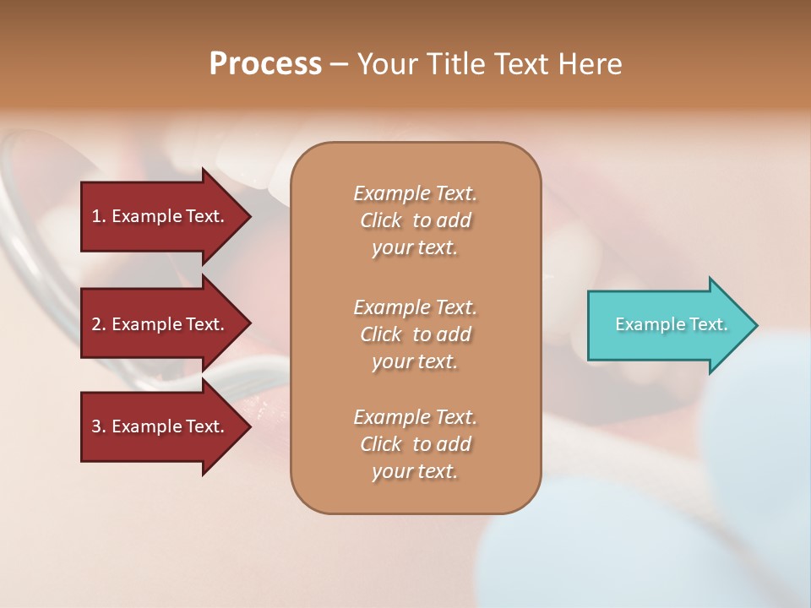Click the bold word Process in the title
[265, 64]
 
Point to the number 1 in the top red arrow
[96, 216]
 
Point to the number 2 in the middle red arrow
[96, 324]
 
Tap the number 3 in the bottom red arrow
[96, 426]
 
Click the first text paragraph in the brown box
[415, 220]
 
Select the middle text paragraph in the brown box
[415, 334]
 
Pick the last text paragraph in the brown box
[415, 444]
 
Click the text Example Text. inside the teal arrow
[672, 324]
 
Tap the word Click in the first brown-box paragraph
[381, 220]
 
